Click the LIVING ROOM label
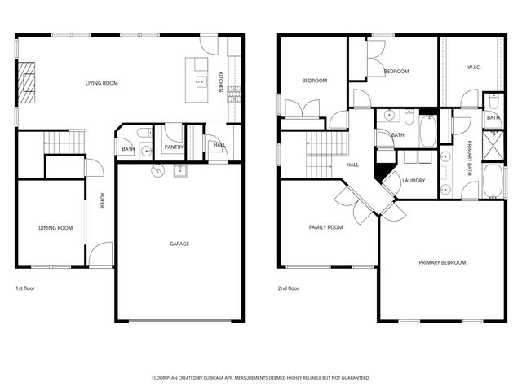coord(103,82)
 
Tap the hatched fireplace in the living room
coord(28,84)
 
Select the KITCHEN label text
coord(220,81)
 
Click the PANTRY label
coord(173,147)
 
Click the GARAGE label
coord(179,243)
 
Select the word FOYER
coord(103,200)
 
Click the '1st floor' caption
coord(25,288)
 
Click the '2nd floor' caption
coord(289,288)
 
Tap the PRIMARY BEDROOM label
coord(442,262)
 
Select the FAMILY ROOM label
coord(325,227)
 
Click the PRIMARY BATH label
coord(470,156)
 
